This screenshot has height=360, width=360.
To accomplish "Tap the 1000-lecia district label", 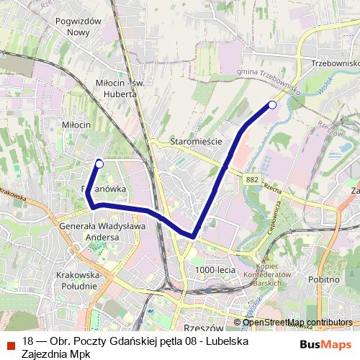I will (x=215, y=269).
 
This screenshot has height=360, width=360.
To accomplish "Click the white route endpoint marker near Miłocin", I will (x=99, y=164).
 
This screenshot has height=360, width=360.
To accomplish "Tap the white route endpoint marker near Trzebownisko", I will (x=272, y=105).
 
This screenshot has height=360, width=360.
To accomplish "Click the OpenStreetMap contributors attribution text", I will (x=297, y=323).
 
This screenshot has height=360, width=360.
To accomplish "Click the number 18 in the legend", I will (x=28, y=341).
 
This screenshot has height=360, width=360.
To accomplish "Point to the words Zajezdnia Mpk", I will (x=52, y=353).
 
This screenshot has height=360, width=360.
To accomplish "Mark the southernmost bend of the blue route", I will (x=193, y=235).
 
